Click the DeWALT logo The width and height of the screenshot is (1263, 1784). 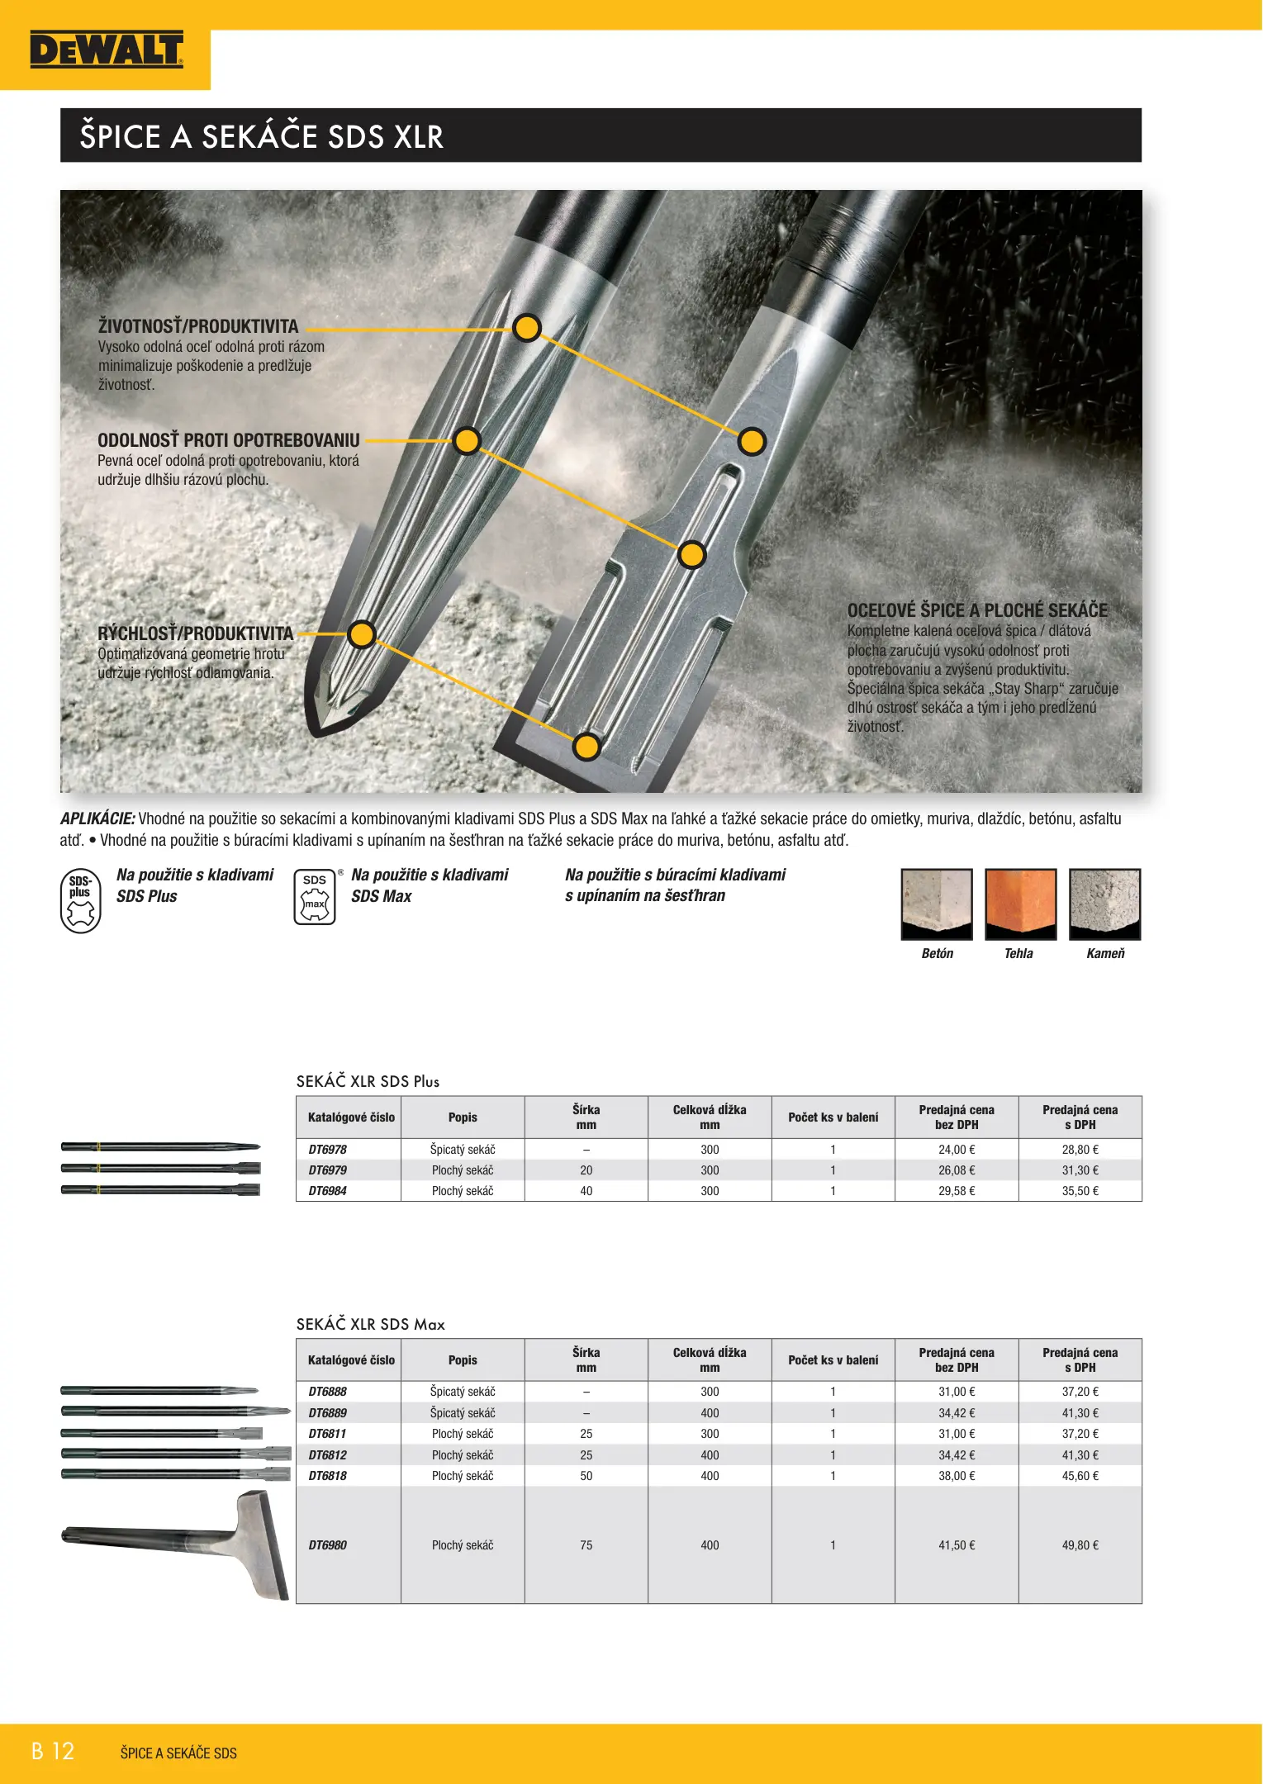pos(106,50)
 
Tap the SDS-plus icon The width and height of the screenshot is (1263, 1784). pos(81,900)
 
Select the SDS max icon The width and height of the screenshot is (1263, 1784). pos(315,896)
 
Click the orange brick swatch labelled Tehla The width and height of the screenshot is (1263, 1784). pos(1020,904)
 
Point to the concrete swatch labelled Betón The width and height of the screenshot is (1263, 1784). pos(937,904)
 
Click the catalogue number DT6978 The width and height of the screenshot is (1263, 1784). pos(328,1150)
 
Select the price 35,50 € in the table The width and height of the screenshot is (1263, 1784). pos(1080,1191)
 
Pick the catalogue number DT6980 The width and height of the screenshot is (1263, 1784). pos(328,1545)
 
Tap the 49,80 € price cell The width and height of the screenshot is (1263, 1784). pos(1080,1545)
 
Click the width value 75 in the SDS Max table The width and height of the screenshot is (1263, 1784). pos(586,1545)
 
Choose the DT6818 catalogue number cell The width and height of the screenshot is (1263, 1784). pos(328,1476)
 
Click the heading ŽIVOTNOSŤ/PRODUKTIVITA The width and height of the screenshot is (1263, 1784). pos(198,326)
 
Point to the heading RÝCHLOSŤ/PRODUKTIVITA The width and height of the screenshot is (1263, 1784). pos(196,633)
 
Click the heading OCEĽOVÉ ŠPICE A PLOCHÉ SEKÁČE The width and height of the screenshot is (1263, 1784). pos(977,610)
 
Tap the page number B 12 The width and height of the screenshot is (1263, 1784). pos(53,1751)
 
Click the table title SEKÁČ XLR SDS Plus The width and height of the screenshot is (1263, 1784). pos(368,1081)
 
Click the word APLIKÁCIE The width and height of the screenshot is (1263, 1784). pos(97,818)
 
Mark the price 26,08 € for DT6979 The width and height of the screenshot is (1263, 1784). pos(957,1170)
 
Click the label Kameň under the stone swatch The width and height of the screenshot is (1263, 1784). pos(1105,953)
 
